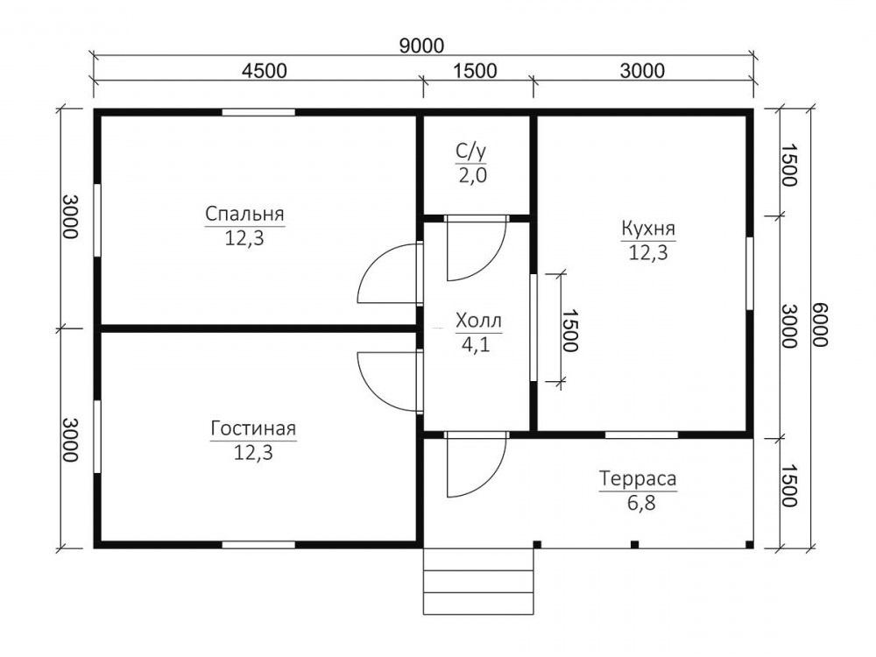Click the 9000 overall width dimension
422,46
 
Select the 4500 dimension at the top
265,71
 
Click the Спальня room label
244,214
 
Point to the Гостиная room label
253,428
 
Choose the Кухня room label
648,229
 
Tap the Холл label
479,321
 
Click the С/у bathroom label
471,151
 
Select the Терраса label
638,479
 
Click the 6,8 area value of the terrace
641,504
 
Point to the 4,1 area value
476,344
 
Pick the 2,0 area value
473,175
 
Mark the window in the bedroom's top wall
258,112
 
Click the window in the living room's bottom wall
258,545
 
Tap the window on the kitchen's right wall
750,273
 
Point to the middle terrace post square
634,544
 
